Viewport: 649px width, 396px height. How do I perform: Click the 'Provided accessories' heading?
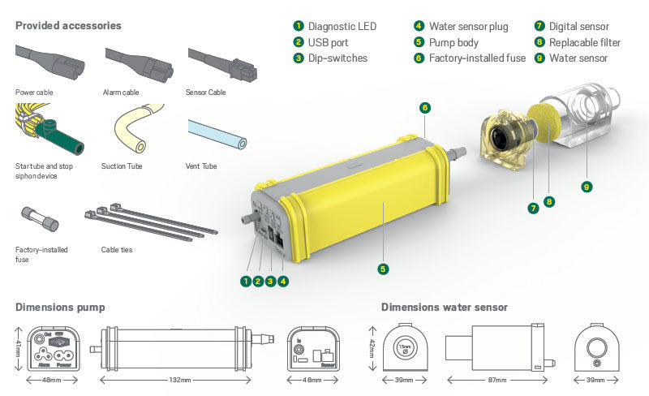click(x=68, y=26)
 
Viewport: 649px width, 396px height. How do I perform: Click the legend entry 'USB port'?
click(x=328, y=42)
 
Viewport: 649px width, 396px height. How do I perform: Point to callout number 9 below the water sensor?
click(x=587, y=187)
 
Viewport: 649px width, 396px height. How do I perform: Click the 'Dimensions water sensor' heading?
click(x=444, y=307)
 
